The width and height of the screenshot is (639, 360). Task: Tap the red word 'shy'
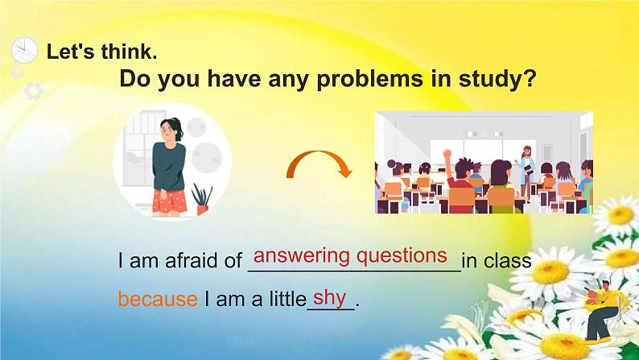tap(330, 298)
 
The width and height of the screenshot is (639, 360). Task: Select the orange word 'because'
tap(158, 299)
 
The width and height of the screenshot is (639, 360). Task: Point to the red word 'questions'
tap(402, 256)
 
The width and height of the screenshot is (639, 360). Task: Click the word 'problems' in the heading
tap(369, 80)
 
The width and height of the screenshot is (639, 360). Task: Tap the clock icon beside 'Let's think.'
tap(24, 50)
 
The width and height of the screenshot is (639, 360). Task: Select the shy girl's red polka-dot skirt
tap(170, 201)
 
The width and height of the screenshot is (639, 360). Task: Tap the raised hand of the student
tap(447, 154)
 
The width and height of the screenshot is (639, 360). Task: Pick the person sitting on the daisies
tap(601, 311)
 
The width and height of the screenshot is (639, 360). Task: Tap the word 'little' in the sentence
tap(287, 300)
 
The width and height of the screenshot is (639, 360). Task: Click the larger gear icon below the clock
tap(34, 91)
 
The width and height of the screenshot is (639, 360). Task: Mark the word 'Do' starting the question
tap(135, 80)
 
